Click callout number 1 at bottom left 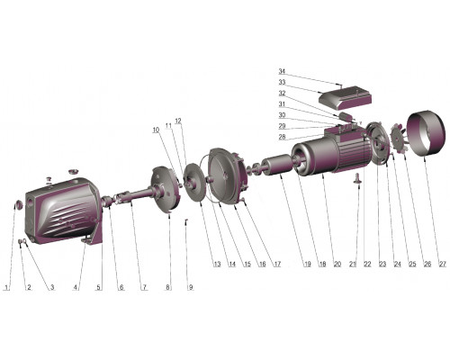pyautogui.click(x=7, y=287)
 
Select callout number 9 pyautogui.click(x=191, y=287)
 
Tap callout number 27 pyautogui.click(x=443, y=264)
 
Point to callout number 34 pyautogui.click(x=282, y=71)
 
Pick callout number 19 pyautogui.click(x=308, y=264)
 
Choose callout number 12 pyautogui.click(x=178, y=121)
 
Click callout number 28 pyautogui.click(x=282, y=137)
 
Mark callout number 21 pyautogui.click(x=353, y=264)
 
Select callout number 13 pyautogui.click(x=217, y=264)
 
